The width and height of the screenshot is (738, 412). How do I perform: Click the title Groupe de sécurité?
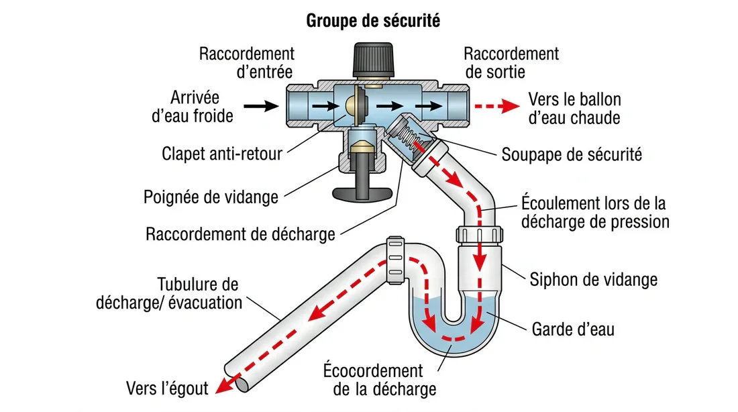tap(373, 21)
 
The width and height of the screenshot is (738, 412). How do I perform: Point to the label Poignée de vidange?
tap(211, 197)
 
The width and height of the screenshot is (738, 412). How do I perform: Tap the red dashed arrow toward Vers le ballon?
tap(497, 106)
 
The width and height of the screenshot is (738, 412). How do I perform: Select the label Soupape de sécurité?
tap(572, 155)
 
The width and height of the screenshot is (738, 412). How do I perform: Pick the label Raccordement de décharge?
tap(240, 234)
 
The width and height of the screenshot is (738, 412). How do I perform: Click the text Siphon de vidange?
tap(593, 278)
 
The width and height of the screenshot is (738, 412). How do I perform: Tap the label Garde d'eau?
tap(572, 329)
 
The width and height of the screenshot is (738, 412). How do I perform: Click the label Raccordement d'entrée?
tap(246, 62)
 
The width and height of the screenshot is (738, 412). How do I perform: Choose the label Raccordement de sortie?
tap(511, 62)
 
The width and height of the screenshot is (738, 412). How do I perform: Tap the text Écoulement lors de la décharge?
tap(594, 212)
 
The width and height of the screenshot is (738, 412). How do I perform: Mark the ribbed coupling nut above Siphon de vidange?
tap(479, 234)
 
